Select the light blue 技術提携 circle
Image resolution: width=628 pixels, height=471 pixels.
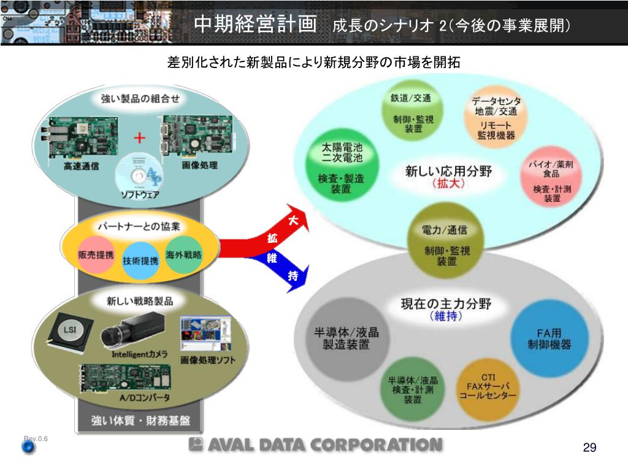pos(140,260)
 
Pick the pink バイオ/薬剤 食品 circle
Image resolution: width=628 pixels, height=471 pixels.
pos(548,180)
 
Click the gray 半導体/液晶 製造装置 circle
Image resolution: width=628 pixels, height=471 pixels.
pos(347,338)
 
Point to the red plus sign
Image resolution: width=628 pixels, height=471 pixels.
pos(140,137)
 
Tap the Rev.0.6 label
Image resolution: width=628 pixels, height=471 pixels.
pos(36,438)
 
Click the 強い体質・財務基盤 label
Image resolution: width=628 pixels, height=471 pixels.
pos(140,421)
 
